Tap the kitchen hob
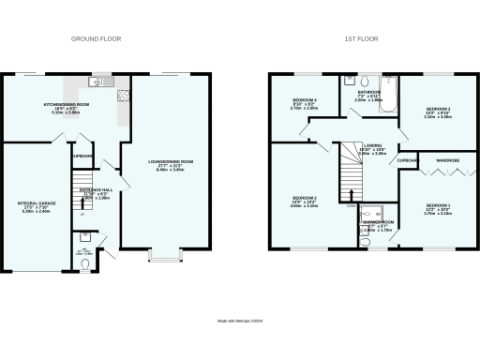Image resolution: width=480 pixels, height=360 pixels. pyautogui.click(x=122, y=94)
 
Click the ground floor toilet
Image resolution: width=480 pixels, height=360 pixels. pyautogui.click(x=85, y=264)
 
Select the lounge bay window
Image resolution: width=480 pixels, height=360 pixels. pyautogui.click(x=163, y=254)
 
